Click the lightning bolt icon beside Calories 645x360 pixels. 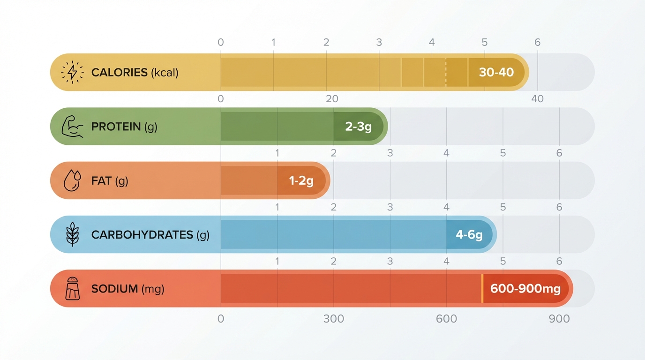click(72, 72)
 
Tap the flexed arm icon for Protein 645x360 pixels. click(72, 127)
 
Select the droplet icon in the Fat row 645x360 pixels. click(72, 180)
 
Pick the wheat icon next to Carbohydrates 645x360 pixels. click(72, 234)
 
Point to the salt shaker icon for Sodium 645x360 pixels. click(72, 288)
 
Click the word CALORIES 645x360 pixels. click(119, 73)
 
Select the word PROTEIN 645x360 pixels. click(116, 127)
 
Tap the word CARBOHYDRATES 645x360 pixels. click(142, 235)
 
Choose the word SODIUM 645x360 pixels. click(114, 289)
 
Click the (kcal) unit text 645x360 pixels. click(165, 73)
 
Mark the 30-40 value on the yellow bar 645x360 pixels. click(496, 72)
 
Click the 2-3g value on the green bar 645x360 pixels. click(358, 127)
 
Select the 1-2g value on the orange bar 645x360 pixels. click(301, 180)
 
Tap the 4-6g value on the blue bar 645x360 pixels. click(469, 234)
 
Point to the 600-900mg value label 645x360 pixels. click(525, 288)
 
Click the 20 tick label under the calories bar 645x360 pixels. click(332, 99)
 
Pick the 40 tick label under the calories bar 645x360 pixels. click(537, 99)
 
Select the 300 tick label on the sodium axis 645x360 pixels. click(333, 319)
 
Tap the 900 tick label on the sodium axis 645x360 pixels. click(559, 319)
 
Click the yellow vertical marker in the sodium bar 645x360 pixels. click(482, 288)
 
